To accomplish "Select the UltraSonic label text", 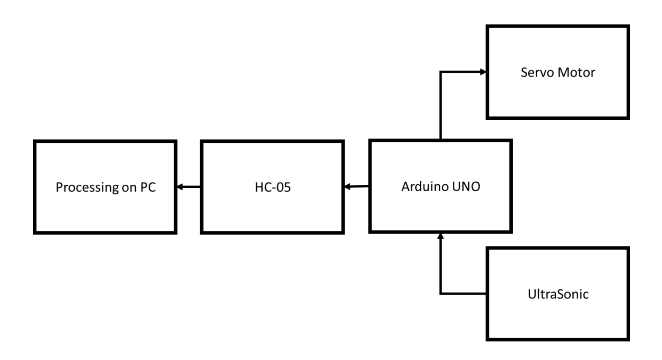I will click(x=557, y=293).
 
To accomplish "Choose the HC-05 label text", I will click(x=270, y=186).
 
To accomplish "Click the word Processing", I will click(x=82, y=187).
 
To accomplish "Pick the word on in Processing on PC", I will click(x=126, y=187).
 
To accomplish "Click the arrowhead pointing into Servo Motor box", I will click(x=483, y=72).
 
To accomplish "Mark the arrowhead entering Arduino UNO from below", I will click(x=440, y=235).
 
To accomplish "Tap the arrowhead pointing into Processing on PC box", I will click(x=180, y=186).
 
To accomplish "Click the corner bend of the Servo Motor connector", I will click(x=440, y=72).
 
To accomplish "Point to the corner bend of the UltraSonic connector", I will click(x=440, y=293).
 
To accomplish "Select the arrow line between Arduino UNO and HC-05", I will click(x=359, y=186).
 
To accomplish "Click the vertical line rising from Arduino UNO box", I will click(x=440, y=106).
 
